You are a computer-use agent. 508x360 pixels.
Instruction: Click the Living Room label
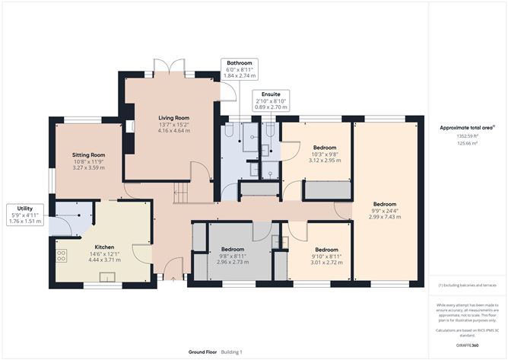[174, 118]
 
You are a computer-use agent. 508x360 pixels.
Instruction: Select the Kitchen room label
[103, 247]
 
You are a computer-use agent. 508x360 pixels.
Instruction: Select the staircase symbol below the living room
[183, 195]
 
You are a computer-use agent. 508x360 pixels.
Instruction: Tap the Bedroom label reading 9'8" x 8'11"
[232, 256]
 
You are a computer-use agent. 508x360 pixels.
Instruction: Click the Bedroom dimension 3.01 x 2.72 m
[326, 263]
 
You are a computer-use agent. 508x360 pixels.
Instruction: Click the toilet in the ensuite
[270, 132]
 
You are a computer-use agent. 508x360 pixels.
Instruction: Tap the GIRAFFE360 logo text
[467, 346]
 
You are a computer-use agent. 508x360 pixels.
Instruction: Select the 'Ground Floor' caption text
[203, 352]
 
